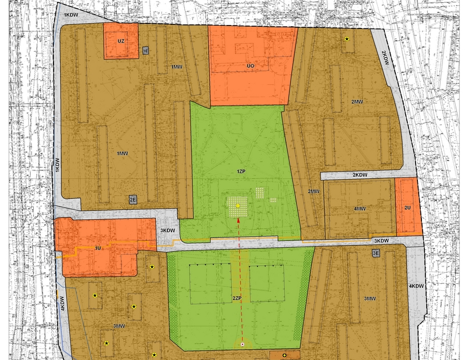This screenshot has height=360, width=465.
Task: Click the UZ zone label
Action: (x=121, y=41)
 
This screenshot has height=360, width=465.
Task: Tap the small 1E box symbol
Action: (x=146, y=51)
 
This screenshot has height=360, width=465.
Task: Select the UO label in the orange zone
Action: (x=251, y=66)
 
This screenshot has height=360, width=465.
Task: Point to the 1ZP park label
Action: (x=241, y=172)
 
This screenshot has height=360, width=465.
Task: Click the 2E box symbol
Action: (x=133, y=200)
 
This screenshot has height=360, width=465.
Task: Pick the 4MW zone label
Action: (x=360, y=209)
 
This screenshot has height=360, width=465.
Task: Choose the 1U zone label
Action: (x=98, y=248)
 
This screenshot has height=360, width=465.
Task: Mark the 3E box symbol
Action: (x=375, y=253)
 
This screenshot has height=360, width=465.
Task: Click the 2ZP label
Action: (x=237, y=298)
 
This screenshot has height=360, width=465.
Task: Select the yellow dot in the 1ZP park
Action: (x=238, y=206)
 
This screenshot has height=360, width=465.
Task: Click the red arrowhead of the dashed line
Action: (x=238, y=223)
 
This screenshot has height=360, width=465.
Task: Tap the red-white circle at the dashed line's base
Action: (x=242, y=344)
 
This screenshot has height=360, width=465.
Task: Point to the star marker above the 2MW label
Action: (x=347, y=40)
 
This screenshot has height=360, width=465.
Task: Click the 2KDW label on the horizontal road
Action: (x=360, y=175)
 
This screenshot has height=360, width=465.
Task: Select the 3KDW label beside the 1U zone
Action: (x=167, y=231)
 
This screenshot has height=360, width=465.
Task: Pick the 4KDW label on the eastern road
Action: (x=416, y=286)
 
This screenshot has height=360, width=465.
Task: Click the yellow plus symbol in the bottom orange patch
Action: (x=284, y=355)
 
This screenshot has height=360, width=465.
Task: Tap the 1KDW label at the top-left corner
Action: (x=71, y=14)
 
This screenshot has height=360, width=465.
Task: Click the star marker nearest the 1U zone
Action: (x=152, y=267)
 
